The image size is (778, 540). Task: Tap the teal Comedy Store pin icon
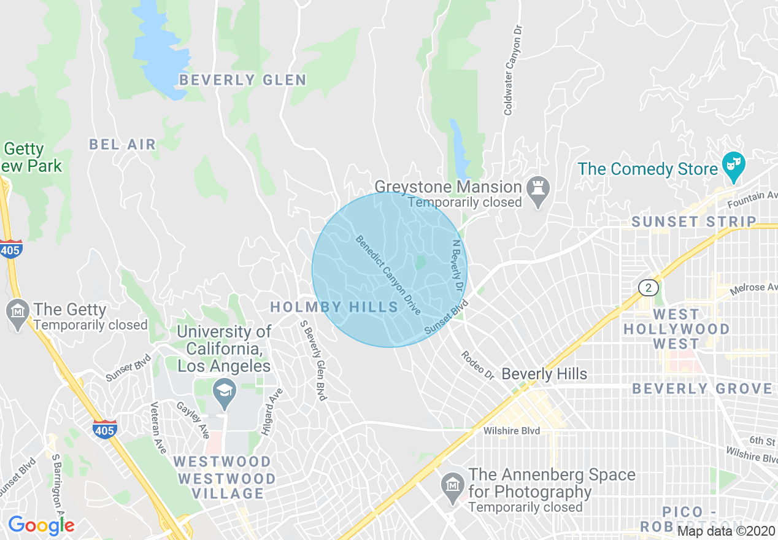(733, 166)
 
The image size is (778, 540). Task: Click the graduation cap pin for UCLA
(225, 391)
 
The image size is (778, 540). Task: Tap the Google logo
(40, 525)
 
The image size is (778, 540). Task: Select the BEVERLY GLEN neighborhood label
(243, 80)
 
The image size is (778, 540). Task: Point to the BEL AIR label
(123, 145)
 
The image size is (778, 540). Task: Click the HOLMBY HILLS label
(334, 307)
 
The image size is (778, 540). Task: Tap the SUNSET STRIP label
(693, 222)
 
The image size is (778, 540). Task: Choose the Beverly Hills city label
(544, 374)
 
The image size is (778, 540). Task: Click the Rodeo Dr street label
(477, 364)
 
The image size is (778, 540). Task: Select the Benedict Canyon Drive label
(388, 275)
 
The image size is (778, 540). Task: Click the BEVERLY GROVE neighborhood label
(702, 388)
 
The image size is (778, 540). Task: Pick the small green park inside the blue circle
(420, 263)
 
